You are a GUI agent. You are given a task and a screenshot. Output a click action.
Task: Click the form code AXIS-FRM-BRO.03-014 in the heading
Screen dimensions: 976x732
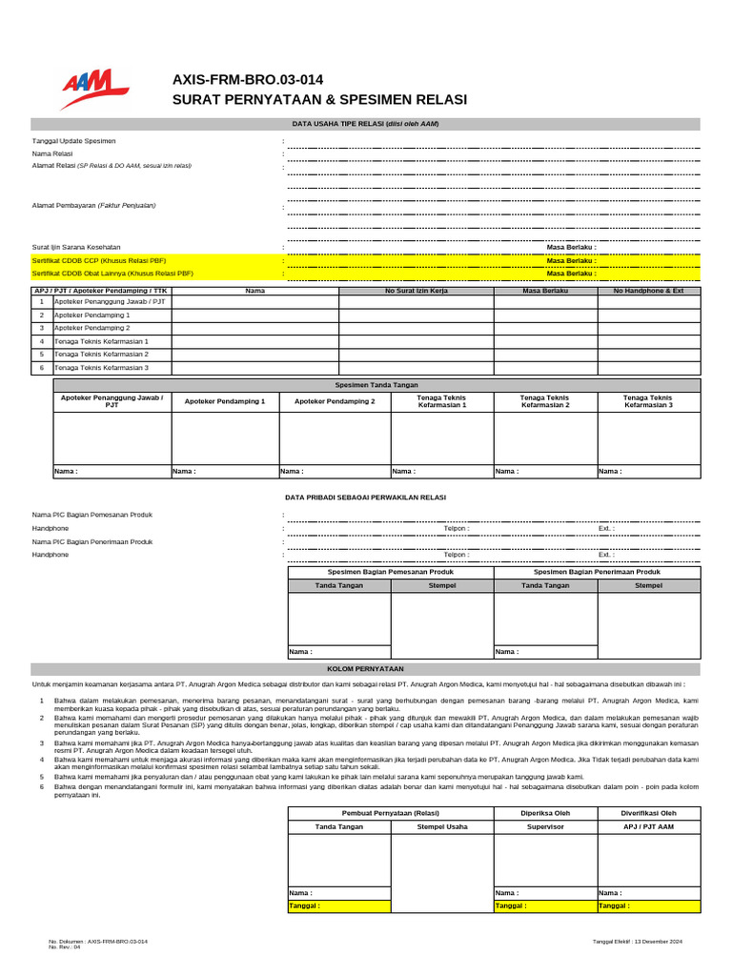pyautogui.click(x=247, y=80)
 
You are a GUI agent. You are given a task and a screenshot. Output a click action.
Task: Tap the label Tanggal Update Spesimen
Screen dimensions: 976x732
pyautogui.click(x=73, y=141)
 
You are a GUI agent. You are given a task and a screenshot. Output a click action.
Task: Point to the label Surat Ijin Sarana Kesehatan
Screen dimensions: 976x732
pyautogui.click(x=76, y=247)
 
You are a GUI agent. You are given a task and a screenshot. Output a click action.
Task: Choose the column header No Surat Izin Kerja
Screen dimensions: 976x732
pyautogui.click(x=416, y=290)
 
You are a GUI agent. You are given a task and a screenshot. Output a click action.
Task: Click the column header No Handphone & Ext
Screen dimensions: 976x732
pyautogui.click(x=648, y=290)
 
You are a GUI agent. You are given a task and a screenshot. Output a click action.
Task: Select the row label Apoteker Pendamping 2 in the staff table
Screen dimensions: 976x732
pyautogui.click(x=92, y=328)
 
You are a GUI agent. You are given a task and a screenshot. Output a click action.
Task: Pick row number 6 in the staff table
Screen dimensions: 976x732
pyautogui.click(x=42, y=367)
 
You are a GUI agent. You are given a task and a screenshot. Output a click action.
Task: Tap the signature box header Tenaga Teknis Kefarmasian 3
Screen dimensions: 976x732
pyautogui.click(x=648, y=401)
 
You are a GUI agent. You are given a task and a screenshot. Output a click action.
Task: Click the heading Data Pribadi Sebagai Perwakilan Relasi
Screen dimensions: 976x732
pyautogui.click(x=365, y=498)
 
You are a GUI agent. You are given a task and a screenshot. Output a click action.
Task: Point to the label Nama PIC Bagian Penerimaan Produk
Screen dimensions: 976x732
pyautogui.click(x=91, y=541)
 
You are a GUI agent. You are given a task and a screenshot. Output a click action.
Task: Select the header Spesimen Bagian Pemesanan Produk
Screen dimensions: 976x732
pyautogui.click(x=391, y=572)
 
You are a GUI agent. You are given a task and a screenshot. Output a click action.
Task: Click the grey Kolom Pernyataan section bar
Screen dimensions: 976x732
pyautogui.click(x=365, y=669)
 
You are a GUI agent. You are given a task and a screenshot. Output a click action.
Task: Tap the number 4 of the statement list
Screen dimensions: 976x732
pyautogui.click(x=42, y=759)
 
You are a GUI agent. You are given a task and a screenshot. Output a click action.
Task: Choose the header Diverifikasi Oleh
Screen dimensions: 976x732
pyautogui.click(x=648, y=813)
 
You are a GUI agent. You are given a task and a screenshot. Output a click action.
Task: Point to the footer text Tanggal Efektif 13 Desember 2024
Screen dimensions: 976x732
pyautogui.click(x=638, y=942)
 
